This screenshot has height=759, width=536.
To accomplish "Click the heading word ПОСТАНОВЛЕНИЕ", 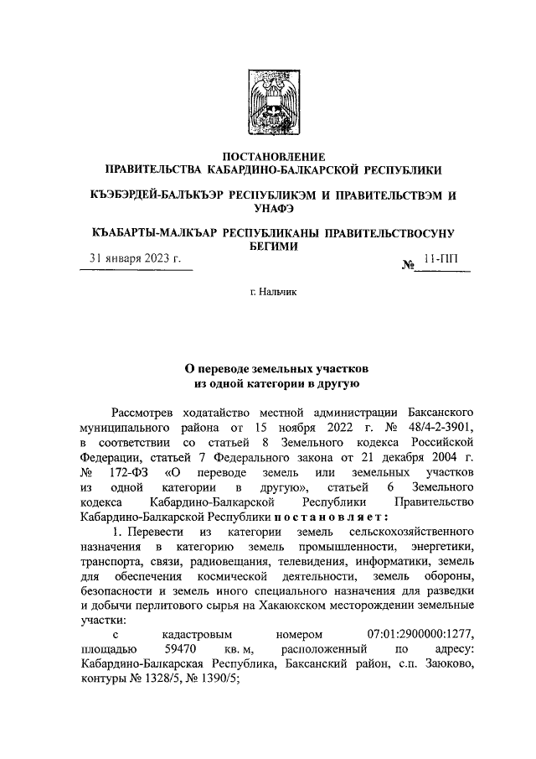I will coord(267,157).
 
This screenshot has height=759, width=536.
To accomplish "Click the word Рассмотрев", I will coord(143,413).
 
